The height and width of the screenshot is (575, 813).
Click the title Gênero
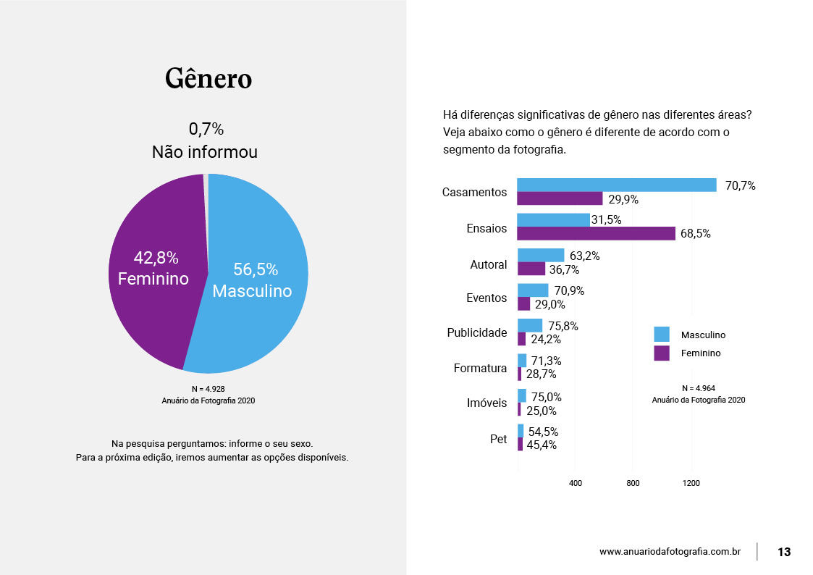pos(208,78)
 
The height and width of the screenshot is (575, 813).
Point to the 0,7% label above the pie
pos(206,130)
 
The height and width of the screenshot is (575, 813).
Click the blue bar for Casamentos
pos(616,185)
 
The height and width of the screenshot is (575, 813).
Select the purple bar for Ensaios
pos(596,233)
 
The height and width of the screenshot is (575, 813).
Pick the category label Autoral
pos(489,264)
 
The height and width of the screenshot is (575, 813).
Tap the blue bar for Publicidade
pos(530,326)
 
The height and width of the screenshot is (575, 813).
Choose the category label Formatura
pos(480,368)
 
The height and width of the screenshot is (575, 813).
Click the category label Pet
pos(498,439)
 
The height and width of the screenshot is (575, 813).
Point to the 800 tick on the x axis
pos(633,483)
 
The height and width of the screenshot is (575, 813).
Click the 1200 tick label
pos(691,483)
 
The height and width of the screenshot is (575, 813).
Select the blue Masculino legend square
pos(662,335)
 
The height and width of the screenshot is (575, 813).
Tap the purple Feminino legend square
pos(662,353)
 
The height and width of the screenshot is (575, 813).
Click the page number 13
pos(784,552)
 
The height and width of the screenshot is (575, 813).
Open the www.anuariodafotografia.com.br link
pos(670,552)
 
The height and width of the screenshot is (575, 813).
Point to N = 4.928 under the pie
pos(208,389)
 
